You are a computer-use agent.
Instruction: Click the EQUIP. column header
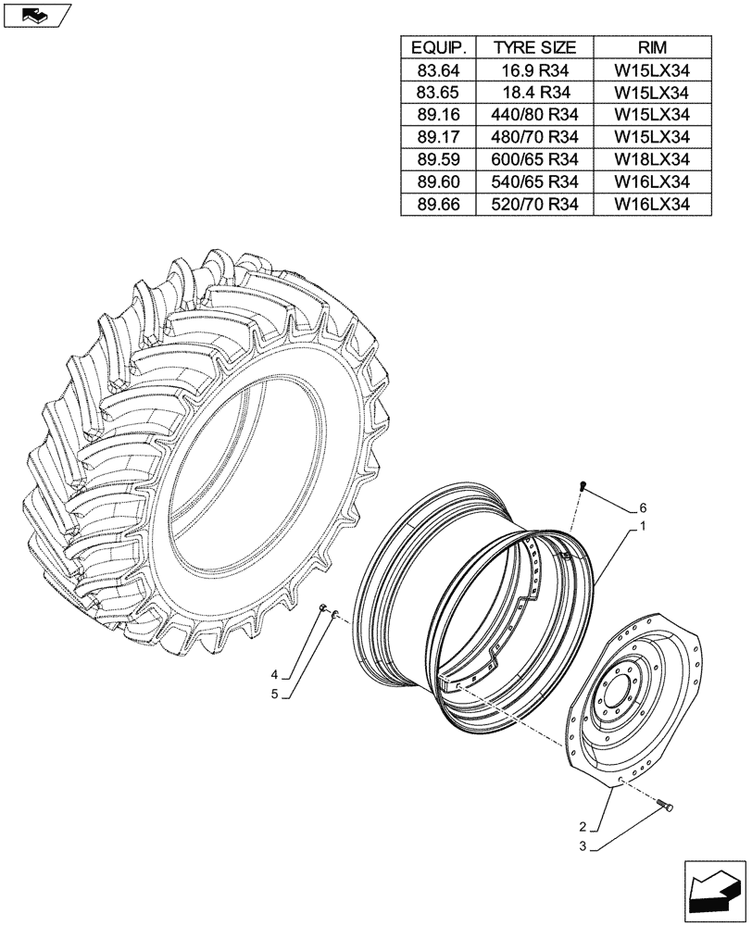click(x=438, y=47)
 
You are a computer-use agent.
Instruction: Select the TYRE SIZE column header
click(x=534, y=47)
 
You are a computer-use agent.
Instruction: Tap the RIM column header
click(x=651, y=47)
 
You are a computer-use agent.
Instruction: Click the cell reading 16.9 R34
click(x=534, y=69)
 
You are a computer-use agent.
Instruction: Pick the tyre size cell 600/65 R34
click(x=534, y=159)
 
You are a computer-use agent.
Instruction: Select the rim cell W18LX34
click(x=651, y=159)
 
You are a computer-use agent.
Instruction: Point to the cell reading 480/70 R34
click(x=534, y=137)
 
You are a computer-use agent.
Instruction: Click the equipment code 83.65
click(x=438, y=92)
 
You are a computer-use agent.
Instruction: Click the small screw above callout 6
click(x=583, y=486)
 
